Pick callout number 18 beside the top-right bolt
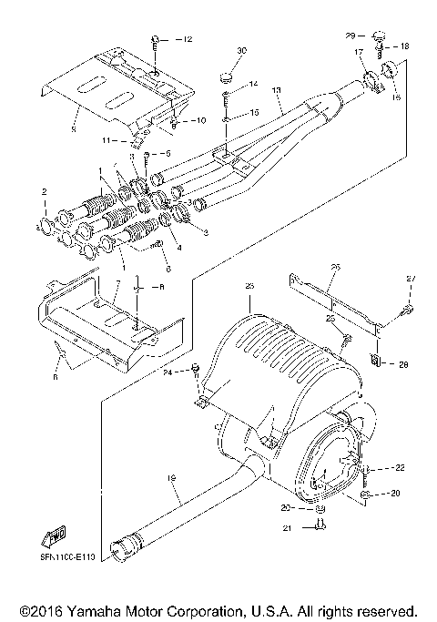(404, 46)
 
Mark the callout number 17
(359, 53)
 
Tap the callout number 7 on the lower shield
(116, 285)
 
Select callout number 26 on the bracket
(333, 267)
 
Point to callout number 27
(410, 278)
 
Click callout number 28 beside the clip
(404, 363)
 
